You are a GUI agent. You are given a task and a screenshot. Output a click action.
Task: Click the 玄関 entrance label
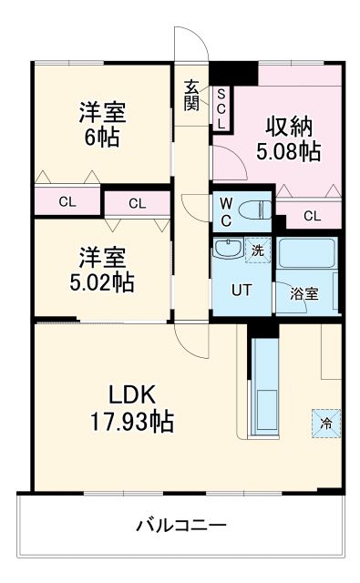pos(191,95)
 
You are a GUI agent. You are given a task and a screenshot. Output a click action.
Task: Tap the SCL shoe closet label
pos(221,107)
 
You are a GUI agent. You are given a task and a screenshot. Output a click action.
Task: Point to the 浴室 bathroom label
pos(304,294)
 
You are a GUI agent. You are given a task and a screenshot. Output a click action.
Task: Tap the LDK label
pos(134,395)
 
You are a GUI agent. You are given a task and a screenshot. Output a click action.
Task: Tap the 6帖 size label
pos(101,138)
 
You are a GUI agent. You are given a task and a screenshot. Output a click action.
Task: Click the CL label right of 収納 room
pos(312,216)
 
